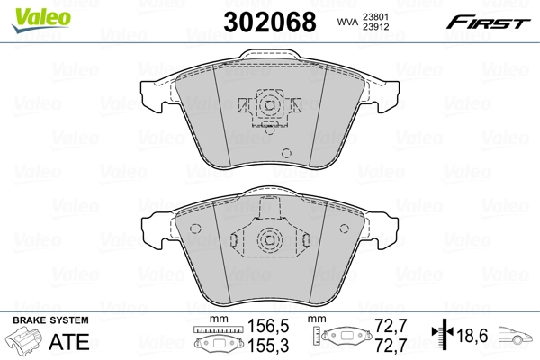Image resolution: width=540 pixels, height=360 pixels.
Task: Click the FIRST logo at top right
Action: (x=493, y=21)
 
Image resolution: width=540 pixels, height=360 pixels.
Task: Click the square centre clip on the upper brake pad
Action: (x=267, y=106)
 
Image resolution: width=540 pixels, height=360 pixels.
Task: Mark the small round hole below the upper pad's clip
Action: (x=287, y=152)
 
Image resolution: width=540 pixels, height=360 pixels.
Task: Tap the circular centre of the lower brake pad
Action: (x=267, y=240)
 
